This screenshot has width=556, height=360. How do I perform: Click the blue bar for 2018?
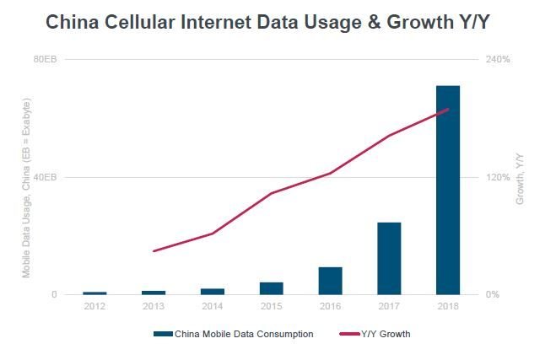pos(448,190)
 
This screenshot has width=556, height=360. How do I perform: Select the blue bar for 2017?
pos(389,258)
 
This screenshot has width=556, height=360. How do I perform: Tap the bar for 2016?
pos(330,281)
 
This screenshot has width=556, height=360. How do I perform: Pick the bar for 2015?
pos(272,288)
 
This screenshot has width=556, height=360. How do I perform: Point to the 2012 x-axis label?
pos(94,306)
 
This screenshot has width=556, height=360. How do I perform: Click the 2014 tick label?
pos(213,306)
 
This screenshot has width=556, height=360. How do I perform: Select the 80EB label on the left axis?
pos(45,59)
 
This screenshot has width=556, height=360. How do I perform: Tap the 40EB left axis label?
pos(45,177)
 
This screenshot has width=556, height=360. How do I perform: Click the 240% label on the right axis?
pos(498,59)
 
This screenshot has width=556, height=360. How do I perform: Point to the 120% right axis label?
pos(498,177)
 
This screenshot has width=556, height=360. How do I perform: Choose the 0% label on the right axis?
pos(493,294)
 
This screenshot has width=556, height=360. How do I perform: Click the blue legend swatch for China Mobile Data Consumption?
pos(163,334)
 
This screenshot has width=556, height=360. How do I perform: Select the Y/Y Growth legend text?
pos(386,334)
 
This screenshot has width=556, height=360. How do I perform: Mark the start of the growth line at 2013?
pos(154,251)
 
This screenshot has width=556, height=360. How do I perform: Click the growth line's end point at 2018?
pos(448,109)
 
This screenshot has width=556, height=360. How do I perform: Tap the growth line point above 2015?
pos(272,193)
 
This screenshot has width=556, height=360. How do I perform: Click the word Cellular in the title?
pos(139,22)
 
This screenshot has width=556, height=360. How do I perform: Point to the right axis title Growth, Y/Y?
pos(520,179)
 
